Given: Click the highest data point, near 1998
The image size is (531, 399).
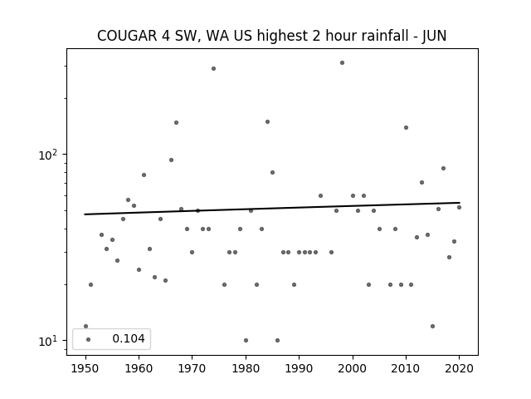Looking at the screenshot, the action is [x=342, y=63].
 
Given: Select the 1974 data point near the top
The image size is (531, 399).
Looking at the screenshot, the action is [x=214, y=68].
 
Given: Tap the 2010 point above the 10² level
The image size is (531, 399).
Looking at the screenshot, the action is [x=406, y=127].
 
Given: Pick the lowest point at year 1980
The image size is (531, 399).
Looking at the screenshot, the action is [x=246, y=340].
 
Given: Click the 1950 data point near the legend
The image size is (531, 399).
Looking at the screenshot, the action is [x=85, y=327].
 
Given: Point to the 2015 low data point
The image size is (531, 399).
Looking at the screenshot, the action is [x=432, y=327].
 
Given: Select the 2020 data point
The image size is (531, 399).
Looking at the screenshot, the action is [x=459, y=207].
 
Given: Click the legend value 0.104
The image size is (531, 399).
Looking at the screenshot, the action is [x=129, y=338].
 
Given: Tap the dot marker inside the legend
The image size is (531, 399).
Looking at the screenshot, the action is [x=89, y=339].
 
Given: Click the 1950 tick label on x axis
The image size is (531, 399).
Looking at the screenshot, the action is [x=85, y=368].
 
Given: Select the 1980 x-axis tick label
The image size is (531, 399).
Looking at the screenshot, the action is [x=246, y=368].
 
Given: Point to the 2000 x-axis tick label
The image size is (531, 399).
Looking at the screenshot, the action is [x=353, y=368].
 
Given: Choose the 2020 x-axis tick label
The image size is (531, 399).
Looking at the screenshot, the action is [x=459, y=368].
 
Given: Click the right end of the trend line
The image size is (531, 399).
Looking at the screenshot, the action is [x=460, y=203].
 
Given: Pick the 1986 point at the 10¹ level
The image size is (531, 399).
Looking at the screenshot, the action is [x=277, y=340].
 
